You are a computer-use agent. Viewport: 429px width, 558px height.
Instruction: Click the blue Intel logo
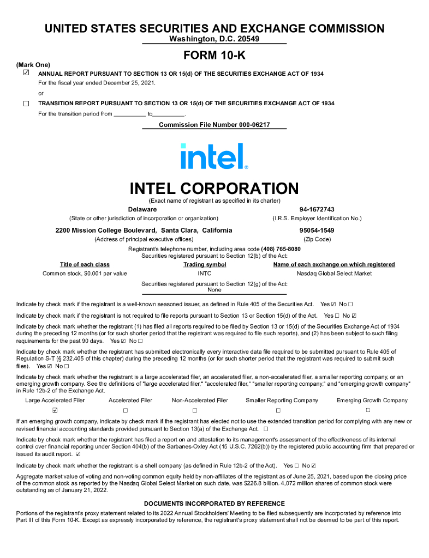tap(214, 156)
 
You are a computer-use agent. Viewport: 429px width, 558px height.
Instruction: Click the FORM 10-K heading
tap(214, 55)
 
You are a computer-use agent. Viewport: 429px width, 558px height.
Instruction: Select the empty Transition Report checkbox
tap(26, 104)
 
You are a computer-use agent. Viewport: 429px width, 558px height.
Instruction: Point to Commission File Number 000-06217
tap(214, 125)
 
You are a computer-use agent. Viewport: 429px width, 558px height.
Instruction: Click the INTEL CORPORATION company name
tap(214, 189)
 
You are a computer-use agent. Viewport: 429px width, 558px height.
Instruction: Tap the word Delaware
tap(142, 209)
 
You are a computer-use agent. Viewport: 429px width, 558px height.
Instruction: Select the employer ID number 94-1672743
tap(317, 209)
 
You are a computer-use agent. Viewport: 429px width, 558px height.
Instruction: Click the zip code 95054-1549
tap(317, 230)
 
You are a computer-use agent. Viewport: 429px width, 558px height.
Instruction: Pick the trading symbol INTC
tap(205, 274)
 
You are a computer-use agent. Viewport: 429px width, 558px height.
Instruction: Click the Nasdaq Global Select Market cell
tap(333, 274)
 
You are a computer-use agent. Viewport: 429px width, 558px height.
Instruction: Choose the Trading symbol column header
tap(205, 265)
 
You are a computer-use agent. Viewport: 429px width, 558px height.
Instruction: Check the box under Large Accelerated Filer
tap(55, 410)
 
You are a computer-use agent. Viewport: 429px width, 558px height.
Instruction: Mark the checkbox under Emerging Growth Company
tap(368, 410)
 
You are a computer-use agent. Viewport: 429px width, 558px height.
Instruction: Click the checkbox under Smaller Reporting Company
tap(278, 410)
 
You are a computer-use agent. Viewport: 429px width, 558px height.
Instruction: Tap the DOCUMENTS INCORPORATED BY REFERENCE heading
tap(214, 504)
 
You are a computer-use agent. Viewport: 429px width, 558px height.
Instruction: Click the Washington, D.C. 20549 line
tap(214, 39)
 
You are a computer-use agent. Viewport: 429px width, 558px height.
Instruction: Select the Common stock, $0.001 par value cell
tap(85, 274)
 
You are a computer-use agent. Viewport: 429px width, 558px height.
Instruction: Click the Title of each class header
tap(85, 265)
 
